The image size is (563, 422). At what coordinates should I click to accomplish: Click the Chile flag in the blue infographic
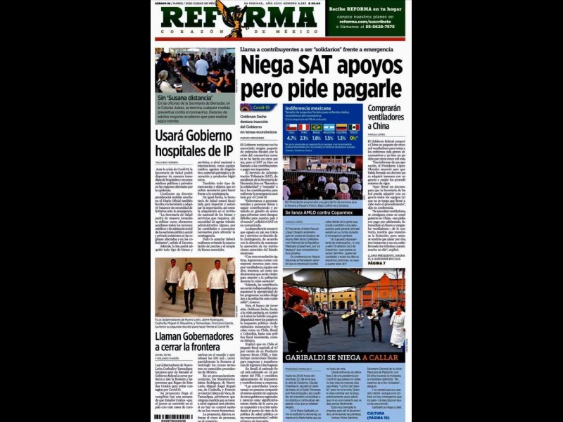pyautogui.click(x=291, y=128)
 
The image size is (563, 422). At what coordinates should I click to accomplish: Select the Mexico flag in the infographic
pyautogui.click(x=354, y=128)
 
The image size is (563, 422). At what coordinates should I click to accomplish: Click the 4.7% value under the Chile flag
pyautogui.click(x=291, y=138)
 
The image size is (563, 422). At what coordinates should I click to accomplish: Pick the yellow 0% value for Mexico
pyautogui.click(x=354, y=138)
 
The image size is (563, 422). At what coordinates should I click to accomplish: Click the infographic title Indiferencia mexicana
pyautogui.click(x=308, y=108)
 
